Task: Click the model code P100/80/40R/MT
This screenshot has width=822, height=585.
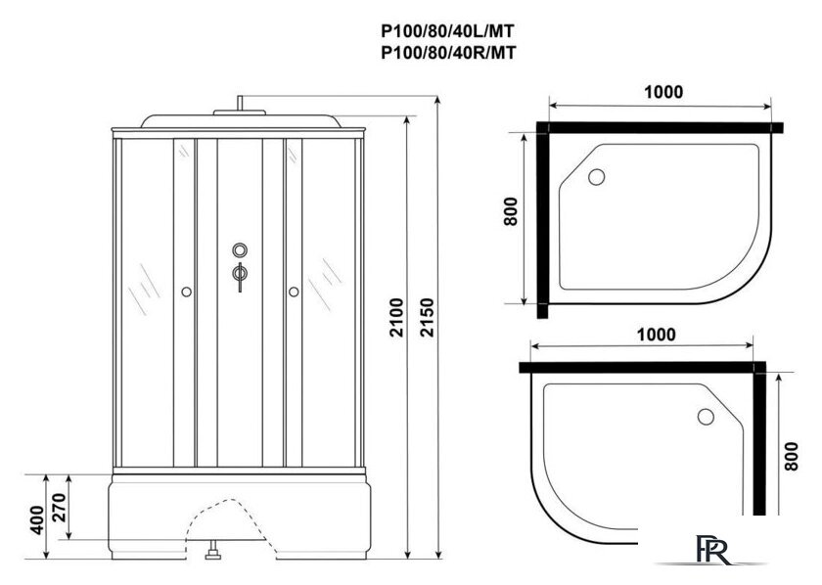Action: [447, 54]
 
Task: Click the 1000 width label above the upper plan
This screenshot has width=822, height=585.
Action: [663, 91]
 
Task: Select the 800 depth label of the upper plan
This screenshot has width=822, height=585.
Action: [510, 212]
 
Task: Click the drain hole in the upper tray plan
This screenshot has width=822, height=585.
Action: [597, 178]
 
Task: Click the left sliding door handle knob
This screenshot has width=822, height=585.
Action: [185, 291]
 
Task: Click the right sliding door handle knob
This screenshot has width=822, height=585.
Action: [293, 291]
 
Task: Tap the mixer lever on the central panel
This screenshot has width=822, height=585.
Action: [238, 276]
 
